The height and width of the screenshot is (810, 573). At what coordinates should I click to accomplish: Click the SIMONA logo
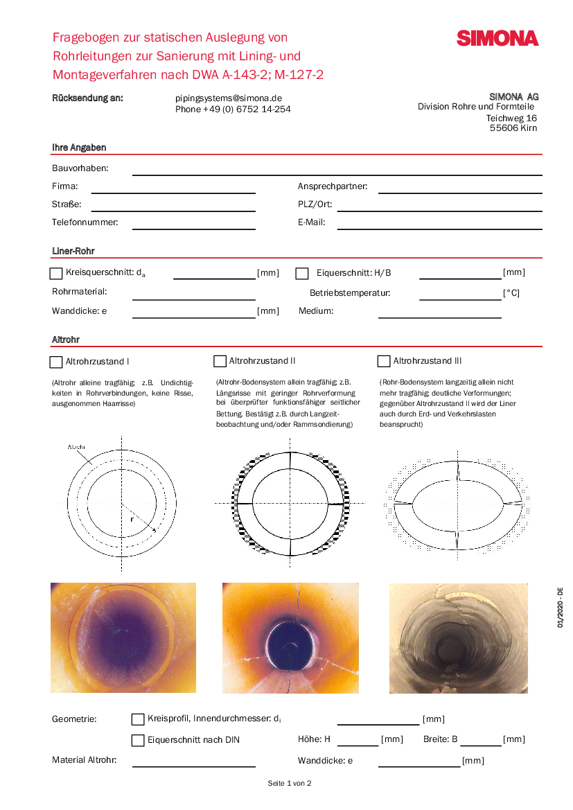coord(497,38)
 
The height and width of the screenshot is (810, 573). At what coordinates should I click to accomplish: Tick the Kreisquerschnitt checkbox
coord(56,274)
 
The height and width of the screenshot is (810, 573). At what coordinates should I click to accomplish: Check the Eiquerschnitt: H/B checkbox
coord(301,274)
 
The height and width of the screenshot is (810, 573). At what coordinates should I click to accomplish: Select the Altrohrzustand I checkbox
coord(56,362)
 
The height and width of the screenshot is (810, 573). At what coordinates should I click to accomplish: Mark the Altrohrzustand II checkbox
coord(220,361)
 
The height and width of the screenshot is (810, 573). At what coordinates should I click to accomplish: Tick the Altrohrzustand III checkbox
coord(383,361)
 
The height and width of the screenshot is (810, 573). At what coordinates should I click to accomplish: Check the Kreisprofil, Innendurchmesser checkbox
coord(138,719)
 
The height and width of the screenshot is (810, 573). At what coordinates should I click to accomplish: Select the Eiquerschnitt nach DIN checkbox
coord(138,740)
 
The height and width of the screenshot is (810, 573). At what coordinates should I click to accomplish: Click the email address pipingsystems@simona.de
coord(229,98)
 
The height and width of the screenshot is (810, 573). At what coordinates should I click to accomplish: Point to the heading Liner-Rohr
coord(73,251)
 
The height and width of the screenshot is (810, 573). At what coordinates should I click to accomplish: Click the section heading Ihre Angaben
coord(79,148)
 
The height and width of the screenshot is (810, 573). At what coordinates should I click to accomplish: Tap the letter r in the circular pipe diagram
coord(132,518)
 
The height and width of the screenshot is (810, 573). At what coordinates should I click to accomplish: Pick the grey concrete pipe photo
coord(458,638)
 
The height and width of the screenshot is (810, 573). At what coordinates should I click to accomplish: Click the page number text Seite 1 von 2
coord(290,783)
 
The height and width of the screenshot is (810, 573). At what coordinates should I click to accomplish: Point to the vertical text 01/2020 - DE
coord(560,608)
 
